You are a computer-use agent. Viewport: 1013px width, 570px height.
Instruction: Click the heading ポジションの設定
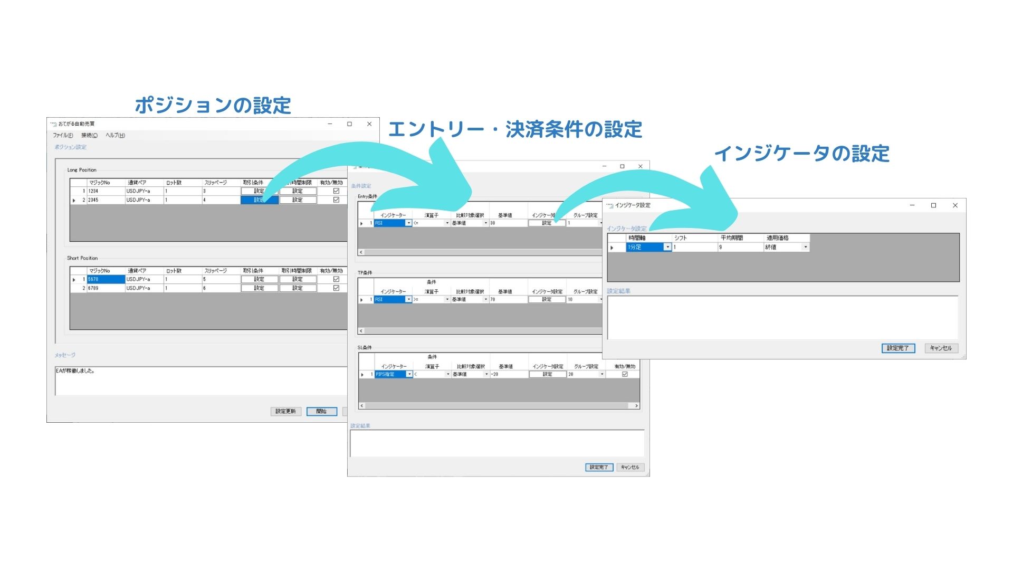[x=213, y=106]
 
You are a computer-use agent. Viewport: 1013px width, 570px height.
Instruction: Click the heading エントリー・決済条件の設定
[x=515, y=129]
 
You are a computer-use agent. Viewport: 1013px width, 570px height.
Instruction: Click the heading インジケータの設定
[x=801, y=154]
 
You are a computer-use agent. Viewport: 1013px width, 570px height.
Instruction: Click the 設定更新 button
[x=285, y=411]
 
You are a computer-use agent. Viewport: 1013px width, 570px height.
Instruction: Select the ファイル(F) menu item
[x=63, y=136]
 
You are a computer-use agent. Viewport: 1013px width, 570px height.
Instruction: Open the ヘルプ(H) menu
[x=115, y=136]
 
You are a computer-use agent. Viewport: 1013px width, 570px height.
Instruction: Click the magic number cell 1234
[x=106, y=191]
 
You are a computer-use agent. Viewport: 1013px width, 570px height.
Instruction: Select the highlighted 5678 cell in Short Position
[x=106, y=279]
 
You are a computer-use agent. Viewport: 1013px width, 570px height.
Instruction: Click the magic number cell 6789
[x=106, y=288]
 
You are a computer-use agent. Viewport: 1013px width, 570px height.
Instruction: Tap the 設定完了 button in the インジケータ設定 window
[x=898, y=348]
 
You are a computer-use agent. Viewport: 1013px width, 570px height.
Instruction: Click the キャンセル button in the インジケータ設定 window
[x=941, y=348]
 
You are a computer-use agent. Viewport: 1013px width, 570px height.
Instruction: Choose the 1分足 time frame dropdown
[x=648, y=247]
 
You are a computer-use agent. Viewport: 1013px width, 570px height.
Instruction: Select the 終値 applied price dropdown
[x=786, y=247]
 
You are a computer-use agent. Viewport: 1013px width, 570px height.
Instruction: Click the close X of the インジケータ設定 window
[x=955, y=205]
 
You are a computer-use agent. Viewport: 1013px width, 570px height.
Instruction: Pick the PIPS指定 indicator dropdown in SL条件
[x=394, y=374]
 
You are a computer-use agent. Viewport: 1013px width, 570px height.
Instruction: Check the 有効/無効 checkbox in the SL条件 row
[x=625, y=374]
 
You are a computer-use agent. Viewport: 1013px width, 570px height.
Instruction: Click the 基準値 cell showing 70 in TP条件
[x=508, y=299]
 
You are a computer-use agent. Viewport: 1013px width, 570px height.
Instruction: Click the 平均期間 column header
[x=732, y=238]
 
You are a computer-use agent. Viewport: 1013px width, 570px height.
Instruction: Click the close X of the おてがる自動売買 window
[x=369, y=124]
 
